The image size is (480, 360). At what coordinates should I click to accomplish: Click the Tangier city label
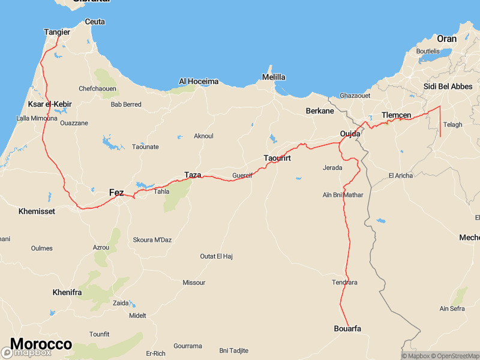tap(57, 32)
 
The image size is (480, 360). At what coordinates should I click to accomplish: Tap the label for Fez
tap(116, 193)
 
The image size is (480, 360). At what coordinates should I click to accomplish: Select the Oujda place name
tap(350, 133)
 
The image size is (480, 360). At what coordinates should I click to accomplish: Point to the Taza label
tap(193, 175)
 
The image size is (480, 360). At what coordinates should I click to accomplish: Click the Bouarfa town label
tap(347, 328)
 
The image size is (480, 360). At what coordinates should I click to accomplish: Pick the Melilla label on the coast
tap(274, 77)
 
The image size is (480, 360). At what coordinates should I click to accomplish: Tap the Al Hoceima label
tap(199, 81)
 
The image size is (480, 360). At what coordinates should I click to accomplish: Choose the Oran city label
tap(446, 38)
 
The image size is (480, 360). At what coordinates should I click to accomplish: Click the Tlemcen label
tap(396, 115)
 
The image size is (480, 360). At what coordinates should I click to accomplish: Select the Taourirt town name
tap(277, 158)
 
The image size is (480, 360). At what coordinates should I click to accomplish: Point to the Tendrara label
tap(344, 282)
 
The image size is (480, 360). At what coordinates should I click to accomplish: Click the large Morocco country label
tap(41, 344)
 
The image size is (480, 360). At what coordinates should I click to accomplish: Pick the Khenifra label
tap(67, 292)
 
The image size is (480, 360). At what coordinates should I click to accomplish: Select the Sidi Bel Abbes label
tap(448, 86)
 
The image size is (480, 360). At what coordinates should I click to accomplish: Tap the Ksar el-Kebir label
tap(50, 104)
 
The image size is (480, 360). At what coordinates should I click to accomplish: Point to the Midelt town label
tap(137, 316)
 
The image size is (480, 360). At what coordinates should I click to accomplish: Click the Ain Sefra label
tap(452, 308)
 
